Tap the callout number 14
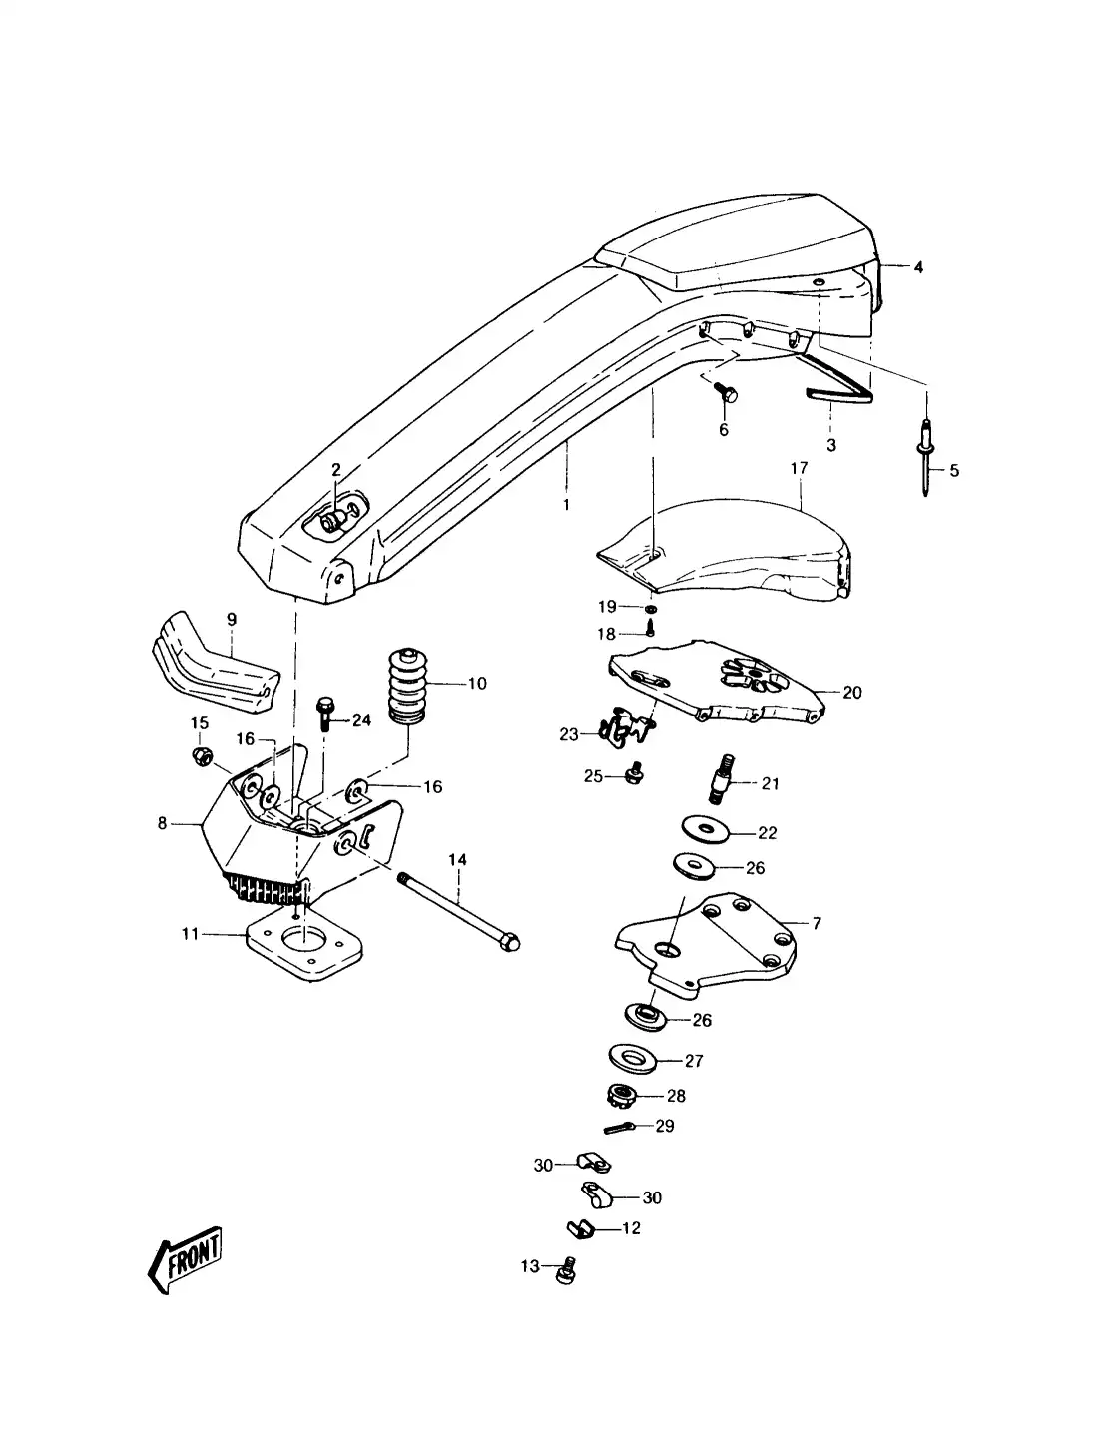[x=457, y=859]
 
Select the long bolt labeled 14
[x=459, y=910]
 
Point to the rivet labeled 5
[x=926, y=449]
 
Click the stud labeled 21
[x=721, y=783]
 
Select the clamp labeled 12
[x=580, y=1228]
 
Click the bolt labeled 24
[x=325, y=713]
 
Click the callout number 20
[x=851, y=692]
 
